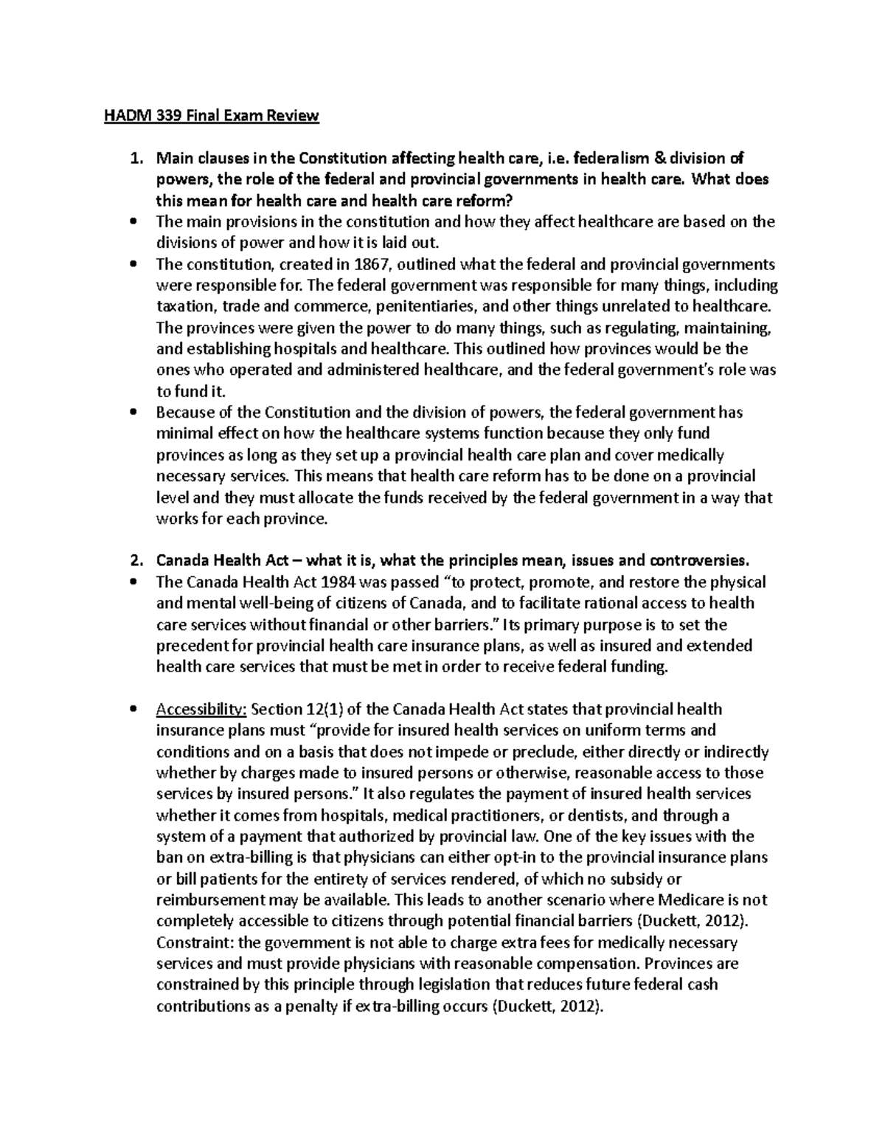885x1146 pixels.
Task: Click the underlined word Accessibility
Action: (x=201, y=710)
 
